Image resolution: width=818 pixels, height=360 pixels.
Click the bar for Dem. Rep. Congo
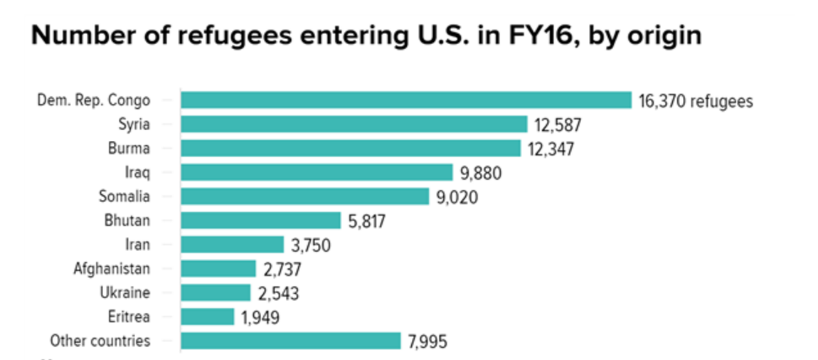click(x=405, y=100)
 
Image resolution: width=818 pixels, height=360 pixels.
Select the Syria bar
click(x=354, y=125)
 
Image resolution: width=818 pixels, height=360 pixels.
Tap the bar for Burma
click(x=350, y=149)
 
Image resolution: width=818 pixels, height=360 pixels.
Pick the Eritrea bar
click(x=207, y=317)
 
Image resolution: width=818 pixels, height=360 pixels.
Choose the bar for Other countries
click(x=290, y=341)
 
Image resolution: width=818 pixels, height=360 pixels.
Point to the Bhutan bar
click(x=260, y=221)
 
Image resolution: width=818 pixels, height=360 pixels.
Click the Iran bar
click(x=232, y=245)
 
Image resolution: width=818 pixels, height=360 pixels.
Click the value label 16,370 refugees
click(x=695, y=101)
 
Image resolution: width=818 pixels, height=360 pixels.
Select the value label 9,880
click(x=483, y=173)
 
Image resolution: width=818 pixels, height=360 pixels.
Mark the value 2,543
click(x=277, y=293)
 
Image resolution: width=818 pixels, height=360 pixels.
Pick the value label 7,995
click(x=427, y=342)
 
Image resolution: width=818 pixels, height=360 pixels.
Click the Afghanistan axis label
click(x=112, y=269)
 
